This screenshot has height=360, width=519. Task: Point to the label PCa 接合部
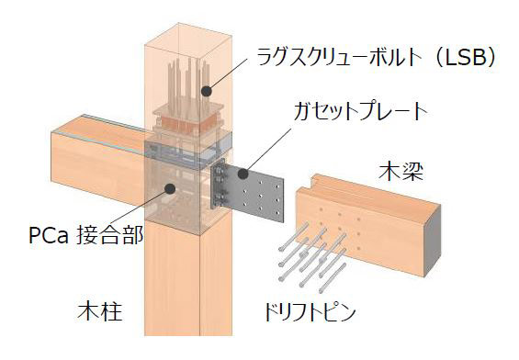pos(85,236)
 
